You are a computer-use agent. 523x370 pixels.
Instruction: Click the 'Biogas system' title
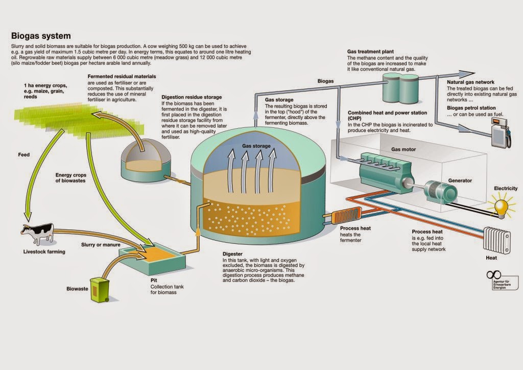[x=41, y=36]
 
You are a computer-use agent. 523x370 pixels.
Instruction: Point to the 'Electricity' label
[x=505, y=189]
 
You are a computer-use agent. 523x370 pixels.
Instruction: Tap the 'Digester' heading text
[x=232, y=254]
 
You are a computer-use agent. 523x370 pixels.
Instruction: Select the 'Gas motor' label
[x=403, y=149]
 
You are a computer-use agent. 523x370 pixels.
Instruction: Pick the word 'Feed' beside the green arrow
[x=23, y=154]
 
